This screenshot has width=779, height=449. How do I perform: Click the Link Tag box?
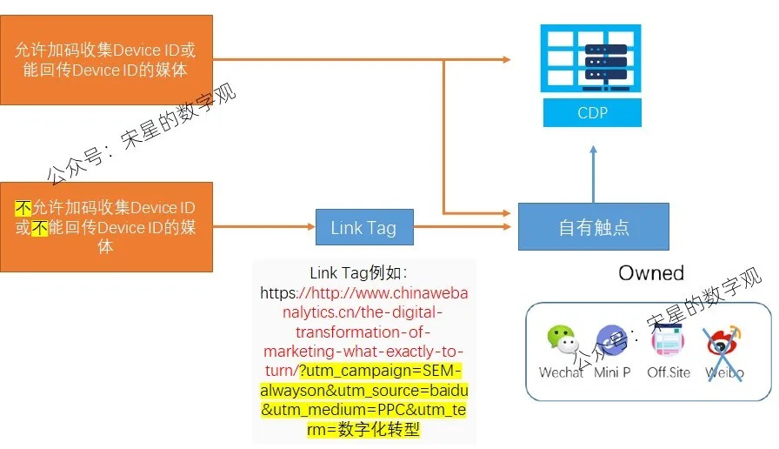[x=363, y=228]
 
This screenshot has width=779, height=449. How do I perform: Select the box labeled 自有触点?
[x=594, y=227]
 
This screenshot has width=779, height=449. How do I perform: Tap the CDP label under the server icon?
[x=592, y=113]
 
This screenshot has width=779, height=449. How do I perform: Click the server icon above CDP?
[x=592, y=59]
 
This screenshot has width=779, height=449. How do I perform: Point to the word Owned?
[x=651, y=273]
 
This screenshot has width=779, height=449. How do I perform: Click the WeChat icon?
[x=561, y=342]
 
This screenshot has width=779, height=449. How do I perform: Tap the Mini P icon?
[x=612, y=342]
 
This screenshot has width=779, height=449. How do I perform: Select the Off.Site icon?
[x=669, y=343]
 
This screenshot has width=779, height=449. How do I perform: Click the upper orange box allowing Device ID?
[x=106, y=59]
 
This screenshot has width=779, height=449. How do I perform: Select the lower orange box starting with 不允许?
[x=106, y=227]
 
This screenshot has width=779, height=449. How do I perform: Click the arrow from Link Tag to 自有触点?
[x=464, y=227]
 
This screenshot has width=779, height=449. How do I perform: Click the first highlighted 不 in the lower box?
[x=23, y=208]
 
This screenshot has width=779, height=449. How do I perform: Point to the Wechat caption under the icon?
[x=561, y=372]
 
